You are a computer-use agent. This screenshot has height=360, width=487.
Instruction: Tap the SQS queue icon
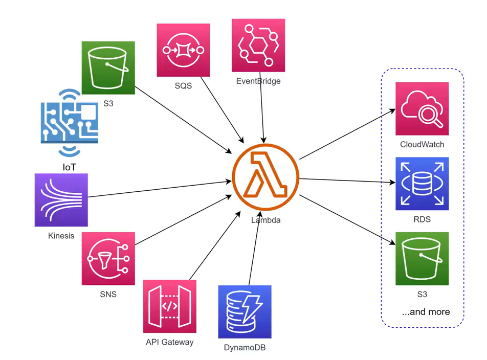183,50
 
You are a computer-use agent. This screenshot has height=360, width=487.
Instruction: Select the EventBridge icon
258,46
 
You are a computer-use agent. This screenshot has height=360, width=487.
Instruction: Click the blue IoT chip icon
69,122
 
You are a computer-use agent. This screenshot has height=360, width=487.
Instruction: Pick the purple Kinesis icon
61,200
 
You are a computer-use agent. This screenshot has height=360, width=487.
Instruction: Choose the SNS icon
108,259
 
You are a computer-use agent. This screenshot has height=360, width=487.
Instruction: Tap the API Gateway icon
170,306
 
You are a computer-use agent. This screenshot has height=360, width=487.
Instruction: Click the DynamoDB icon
245,312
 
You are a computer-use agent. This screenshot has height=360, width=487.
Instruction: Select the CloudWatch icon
422,108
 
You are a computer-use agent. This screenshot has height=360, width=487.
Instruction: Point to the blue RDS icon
422,184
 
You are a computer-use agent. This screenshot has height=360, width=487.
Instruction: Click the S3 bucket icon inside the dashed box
422,259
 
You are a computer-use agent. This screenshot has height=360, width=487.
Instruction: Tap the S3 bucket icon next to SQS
108,67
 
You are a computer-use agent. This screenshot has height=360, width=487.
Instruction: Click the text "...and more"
426,312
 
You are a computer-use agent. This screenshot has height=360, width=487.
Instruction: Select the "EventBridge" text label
258,81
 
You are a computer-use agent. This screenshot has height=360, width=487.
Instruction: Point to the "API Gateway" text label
170,342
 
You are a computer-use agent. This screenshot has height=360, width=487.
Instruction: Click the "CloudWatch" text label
422,145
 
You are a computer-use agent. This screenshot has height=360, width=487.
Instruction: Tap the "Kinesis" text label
61,236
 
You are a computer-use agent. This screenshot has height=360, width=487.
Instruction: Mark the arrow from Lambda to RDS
348,181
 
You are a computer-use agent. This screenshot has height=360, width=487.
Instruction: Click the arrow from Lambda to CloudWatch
348,133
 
